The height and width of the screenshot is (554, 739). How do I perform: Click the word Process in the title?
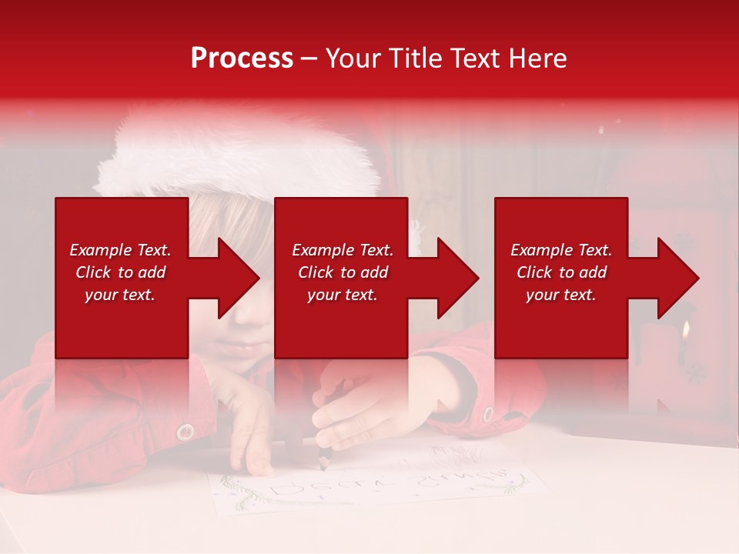[x=242, y=58]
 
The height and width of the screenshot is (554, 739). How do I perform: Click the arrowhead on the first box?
[x=239, y=278]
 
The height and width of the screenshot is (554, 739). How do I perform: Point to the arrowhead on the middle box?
[x=458, y=278]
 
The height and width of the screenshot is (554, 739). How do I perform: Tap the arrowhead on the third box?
[x=678, y=278]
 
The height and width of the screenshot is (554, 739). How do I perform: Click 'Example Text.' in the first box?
[x=121, y=250]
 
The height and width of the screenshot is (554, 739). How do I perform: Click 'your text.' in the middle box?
[x=342, y=295]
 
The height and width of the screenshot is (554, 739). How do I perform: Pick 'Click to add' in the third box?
[x=561, y=272]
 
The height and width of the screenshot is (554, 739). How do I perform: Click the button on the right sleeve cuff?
[x=487, y=413]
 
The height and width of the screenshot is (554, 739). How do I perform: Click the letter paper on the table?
[x=377, y=485]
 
